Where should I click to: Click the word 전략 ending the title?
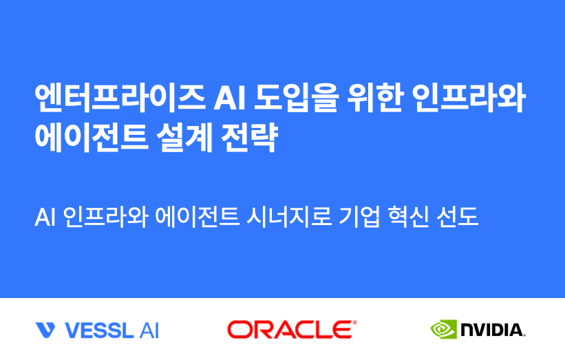click(x=251, y=138)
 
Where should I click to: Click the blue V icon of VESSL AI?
click(x=45, y=330)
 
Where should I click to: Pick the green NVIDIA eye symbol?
click(x=443, y=329)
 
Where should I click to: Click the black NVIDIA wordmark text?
click(x=493, y=330)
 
